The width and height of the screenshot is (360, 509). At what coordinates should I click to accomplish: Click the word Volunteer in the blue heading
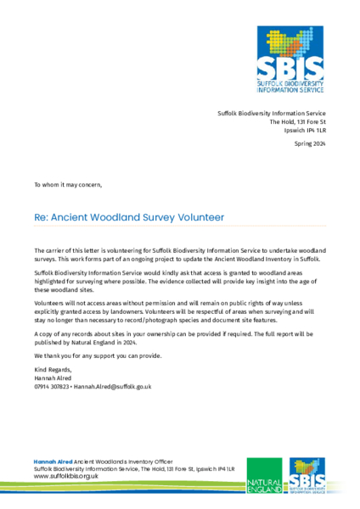196,217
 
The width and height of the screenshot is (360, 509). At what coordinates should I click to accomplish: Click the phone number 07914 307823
52,386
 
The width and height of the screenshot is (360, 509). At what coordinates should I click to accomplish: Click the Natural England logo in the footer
263,478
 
